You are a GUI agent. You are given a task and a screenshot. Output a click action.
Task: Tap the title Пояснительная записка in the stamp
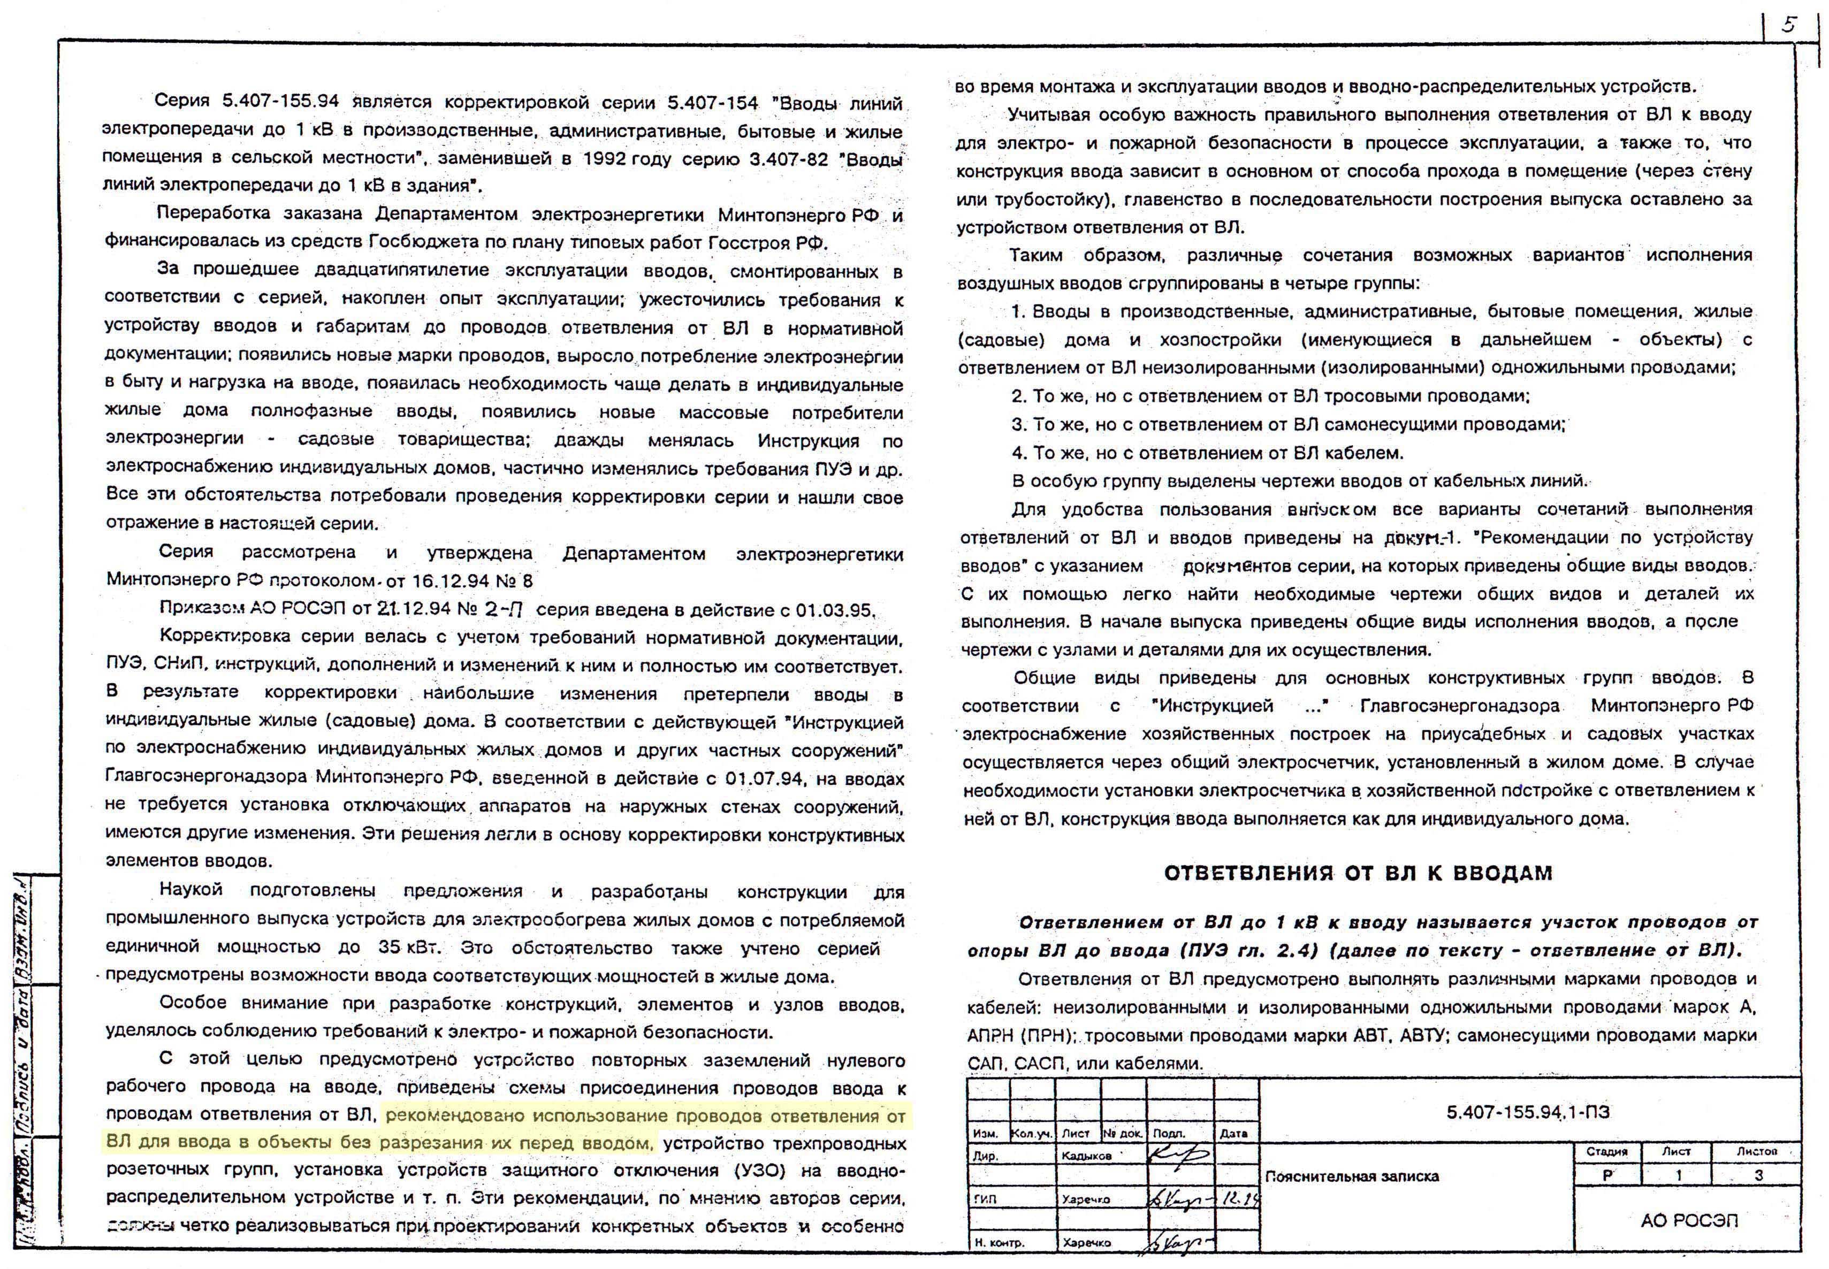[1352, 1176]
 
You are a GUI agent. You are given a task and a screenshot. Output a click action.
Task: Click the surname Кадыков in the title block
[1086, 1155]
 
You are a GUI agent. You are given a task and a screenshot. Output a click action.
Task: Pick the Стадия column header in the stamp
[1607, 1151]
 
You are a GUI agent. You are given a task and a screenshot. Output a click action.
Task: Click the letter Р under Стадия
[1607, 1175]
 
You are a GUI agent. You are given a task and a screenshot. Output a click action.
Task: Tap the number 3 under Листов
[1758, 1175]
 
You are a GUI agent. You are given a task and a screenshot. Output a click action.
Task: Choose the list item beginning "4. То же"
[1207, 453]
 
